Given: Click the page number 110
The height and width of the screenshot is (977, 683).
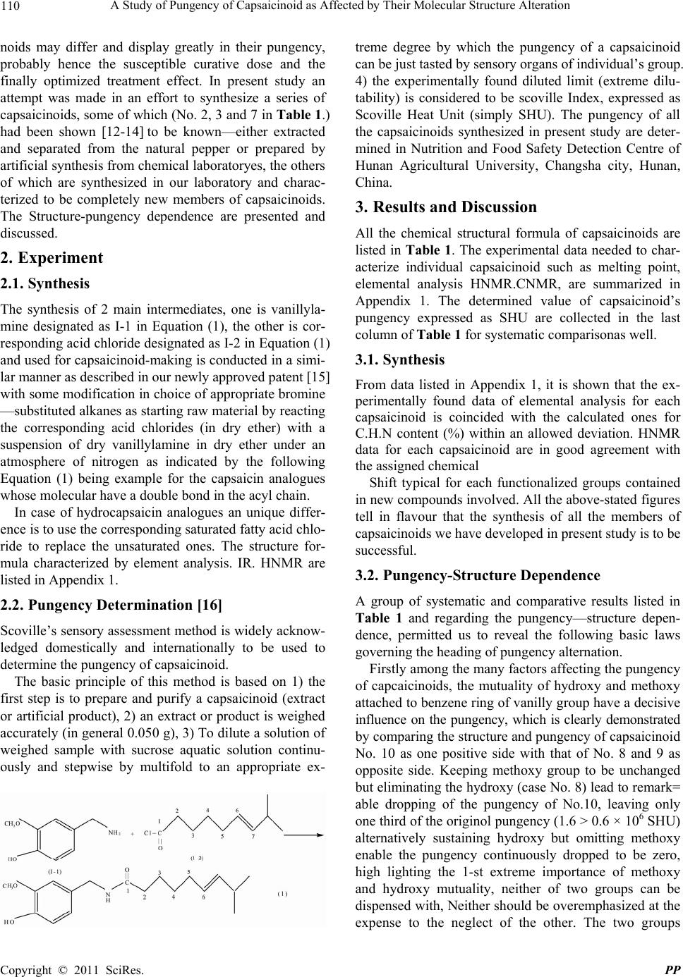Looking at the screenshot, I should (13, 7).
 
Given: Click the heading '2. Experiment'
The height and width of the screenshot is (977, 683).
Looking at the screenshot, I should (52, 258).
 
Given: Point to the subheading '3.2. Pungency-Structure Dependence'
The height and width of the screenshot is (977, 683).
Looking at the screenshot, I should (478, 576).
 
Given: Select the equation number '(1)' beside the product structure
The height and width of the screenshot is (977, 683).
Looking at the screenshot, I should (282, 894).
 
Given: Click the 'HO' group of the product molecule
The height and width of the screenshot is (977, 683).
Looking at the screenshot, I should (9, 921).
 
